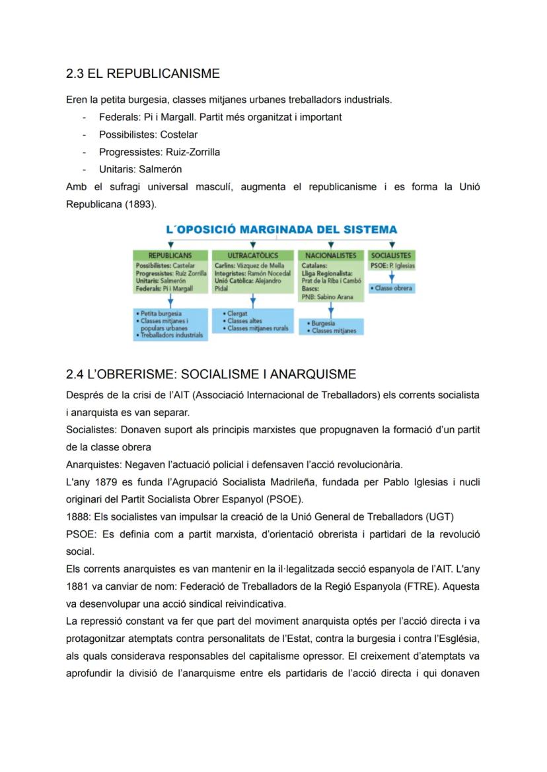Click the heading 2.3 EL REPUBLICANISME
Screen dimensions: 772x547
point(143,73)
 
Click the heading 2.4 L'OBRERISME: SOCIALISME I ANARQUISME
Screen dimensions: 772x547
point(211,374)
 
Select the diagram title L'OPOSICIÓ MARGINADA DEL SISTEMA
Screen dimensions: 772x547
point(281,230)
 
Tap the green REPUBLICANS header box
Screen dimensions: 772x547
point(170,255)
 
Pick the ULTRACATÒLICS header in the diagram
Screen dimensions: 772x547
point(252,255)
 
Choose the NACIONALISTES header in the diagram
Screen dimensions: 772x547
point(331,255)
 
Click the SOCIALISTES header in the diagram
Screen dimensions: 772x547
point(391,255)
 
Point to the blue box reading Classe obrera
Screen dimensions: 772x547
point(392,289)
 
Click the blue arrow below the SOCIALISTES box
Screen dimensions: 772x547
point(391,277)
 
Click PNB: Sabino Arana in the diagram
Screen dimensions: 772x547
point(327,297)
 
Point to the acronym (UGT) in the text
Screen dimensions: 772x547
point(440,516)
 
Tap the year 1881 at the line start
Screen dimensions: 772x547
point(77,586)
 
